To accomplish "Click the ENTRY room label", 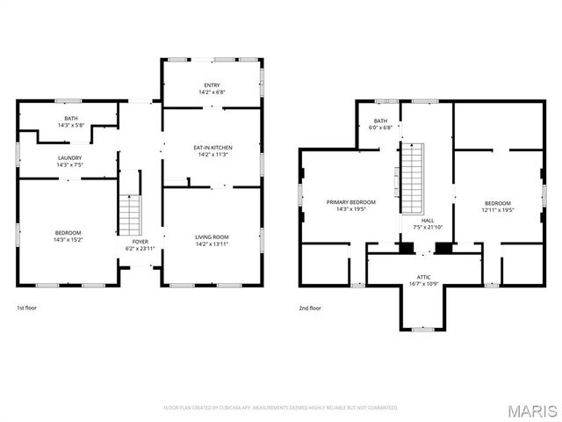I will tap(212, 84).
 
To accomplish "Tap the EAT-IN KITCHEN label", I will tap(212, 147).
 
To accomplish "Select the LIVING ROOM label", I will tap(212, 236).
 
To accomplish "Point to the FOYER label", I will tap(140, 241).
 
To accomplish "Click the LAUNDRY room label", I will tap(69, 157).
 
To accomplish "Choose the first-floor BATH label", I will tap(69, 119).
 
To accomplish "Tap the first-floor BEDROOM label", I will tap(68, 232).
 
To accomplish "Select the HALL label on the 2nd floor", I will tap(428, 221).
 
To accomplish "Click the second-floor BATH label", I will tap(380, 120).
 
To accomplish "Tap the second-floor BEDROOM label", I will tap(497, 203).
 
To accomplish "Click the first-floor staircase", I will tap(130, 214).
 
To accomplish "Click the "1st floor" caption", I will tap(27, 308).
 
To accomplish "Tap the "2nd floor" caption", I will tap(310, 308).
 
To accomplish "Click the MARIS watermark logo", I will tap(532, 410).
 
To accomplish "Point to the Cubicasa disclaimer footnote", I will tap(281, 408).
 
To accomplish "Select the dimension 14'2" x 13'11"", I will tap(212, 243).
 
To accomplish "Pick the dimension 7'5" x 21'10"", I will tap(428, 227).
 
